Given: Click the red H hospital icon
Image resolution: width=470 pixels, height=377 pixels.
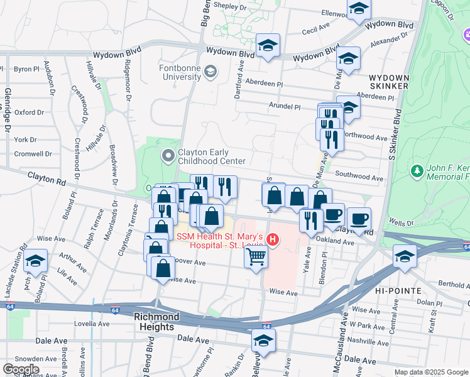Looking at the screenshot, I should pyautogui.click(x=273, y=239).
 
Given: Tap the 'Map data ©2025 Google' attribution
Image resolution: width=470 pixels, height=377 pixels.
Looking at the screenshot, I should pyautogui.click(x=430, y=372).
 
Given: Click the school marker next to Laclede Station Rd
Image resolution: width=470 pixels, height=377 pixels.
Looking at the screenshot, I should pyautogui.click(x=36, y=261).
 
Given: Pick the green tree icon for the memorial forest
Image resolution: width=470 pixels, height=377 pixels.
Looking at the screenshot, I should pyautogui.click(x=416, y=170).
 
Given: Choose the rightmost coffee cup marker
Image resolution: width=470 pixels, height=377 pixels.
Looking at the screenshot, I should pyautogui.click(x=359, y=219).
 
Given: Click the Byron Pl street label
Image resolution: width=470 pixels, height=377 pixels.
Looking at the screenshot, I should pyautogui.click(x=26, y=68).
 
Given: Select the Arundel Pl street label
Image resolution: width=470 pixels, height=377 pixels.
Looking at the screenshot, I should pyautogui.click(x=285, y=107).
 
